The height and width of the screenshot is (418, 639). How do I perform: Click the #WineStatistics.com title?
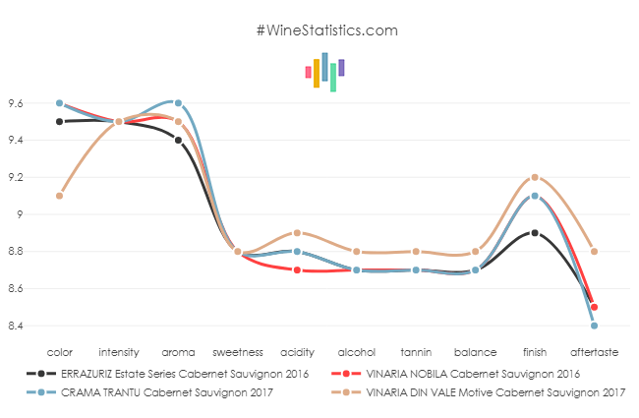pyautogui.click(x=326, y=30)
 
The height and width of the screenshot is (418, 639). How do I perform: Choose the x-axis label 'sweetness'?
pyautogui.click(x=237, y=350)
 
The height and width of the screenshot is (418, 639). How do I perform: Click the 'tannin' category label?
pyautogui.click(x=416, y=350)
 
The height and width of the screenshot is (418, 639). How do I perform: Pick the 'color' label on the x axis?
pyautogui.click(x=59, y=350)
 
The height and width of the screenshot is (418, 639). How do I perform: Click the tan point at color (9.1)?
pyautogui.click(x=59, y=196)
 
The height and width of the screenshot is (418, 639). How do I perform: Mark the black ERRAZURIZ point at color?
pyautogui.click(x=59, y=122)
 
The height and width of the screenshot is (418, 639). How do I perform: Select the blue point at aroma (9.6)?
pyautogui.click(x=178, y=103)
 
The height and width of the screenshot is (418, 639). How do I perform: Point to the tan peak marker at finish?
pyautogui.click(x=535, y=177)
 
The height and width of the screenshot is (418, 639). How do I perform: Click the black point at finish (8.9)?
pyautogui.click(x=535, y=233)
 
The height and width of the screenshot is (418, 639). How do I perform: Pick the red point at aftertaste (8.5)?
pyautogui.click(x=595, y=307)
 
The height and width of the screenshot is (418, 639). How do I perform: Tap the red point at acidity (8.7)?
pyautogui.click(x=297, y=269)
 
